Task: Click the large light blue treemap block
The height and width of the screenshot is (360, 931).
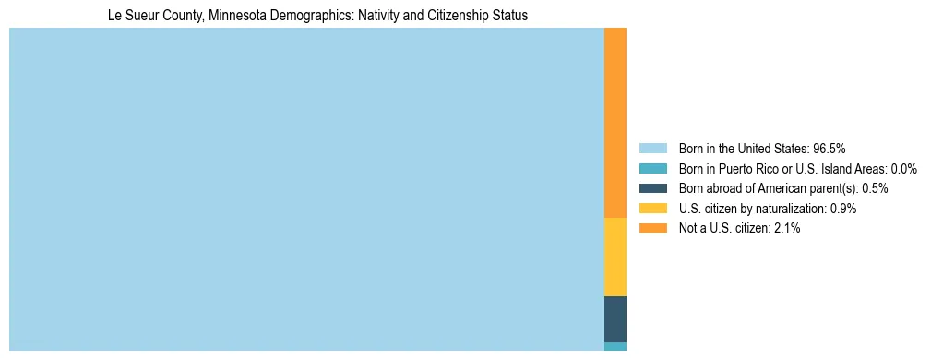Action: click(x=306, y=189)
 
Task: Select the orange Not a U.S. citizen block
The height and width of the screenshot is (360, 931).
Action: click(x=615, y=123)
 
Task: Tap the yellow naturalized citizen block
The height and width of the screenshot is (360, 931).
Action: click(x=615, y=257)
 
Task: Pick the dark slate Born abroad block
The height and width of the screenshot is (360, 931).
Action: click(x=615, y=319)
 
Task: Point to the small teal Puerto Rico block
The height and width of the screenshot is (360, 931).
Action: click(x=615, y=347)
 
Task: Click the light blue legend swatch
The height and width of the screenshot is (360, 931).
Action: click(x=652, y=148)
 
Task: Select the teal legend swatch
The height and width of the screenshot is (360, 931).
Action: click(x=652, y=168)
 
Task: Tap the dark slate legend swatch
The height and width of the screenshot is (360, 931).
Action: click(x=652, y=188)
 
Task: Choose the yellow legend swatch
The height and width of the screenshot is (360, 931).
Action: click(x=652, y=209)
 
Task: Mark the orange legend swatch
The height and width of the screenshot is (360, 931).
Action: click(x=652, y=228)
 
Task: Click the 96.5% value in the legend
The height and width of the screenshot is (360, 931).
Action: click(x=830, y=148)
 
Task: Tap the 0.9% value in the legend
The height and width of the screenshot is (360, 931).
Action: click(x=843, y=209)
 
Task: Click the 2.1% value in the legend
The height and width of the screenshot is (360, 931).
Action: click(x=787, y=228)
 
